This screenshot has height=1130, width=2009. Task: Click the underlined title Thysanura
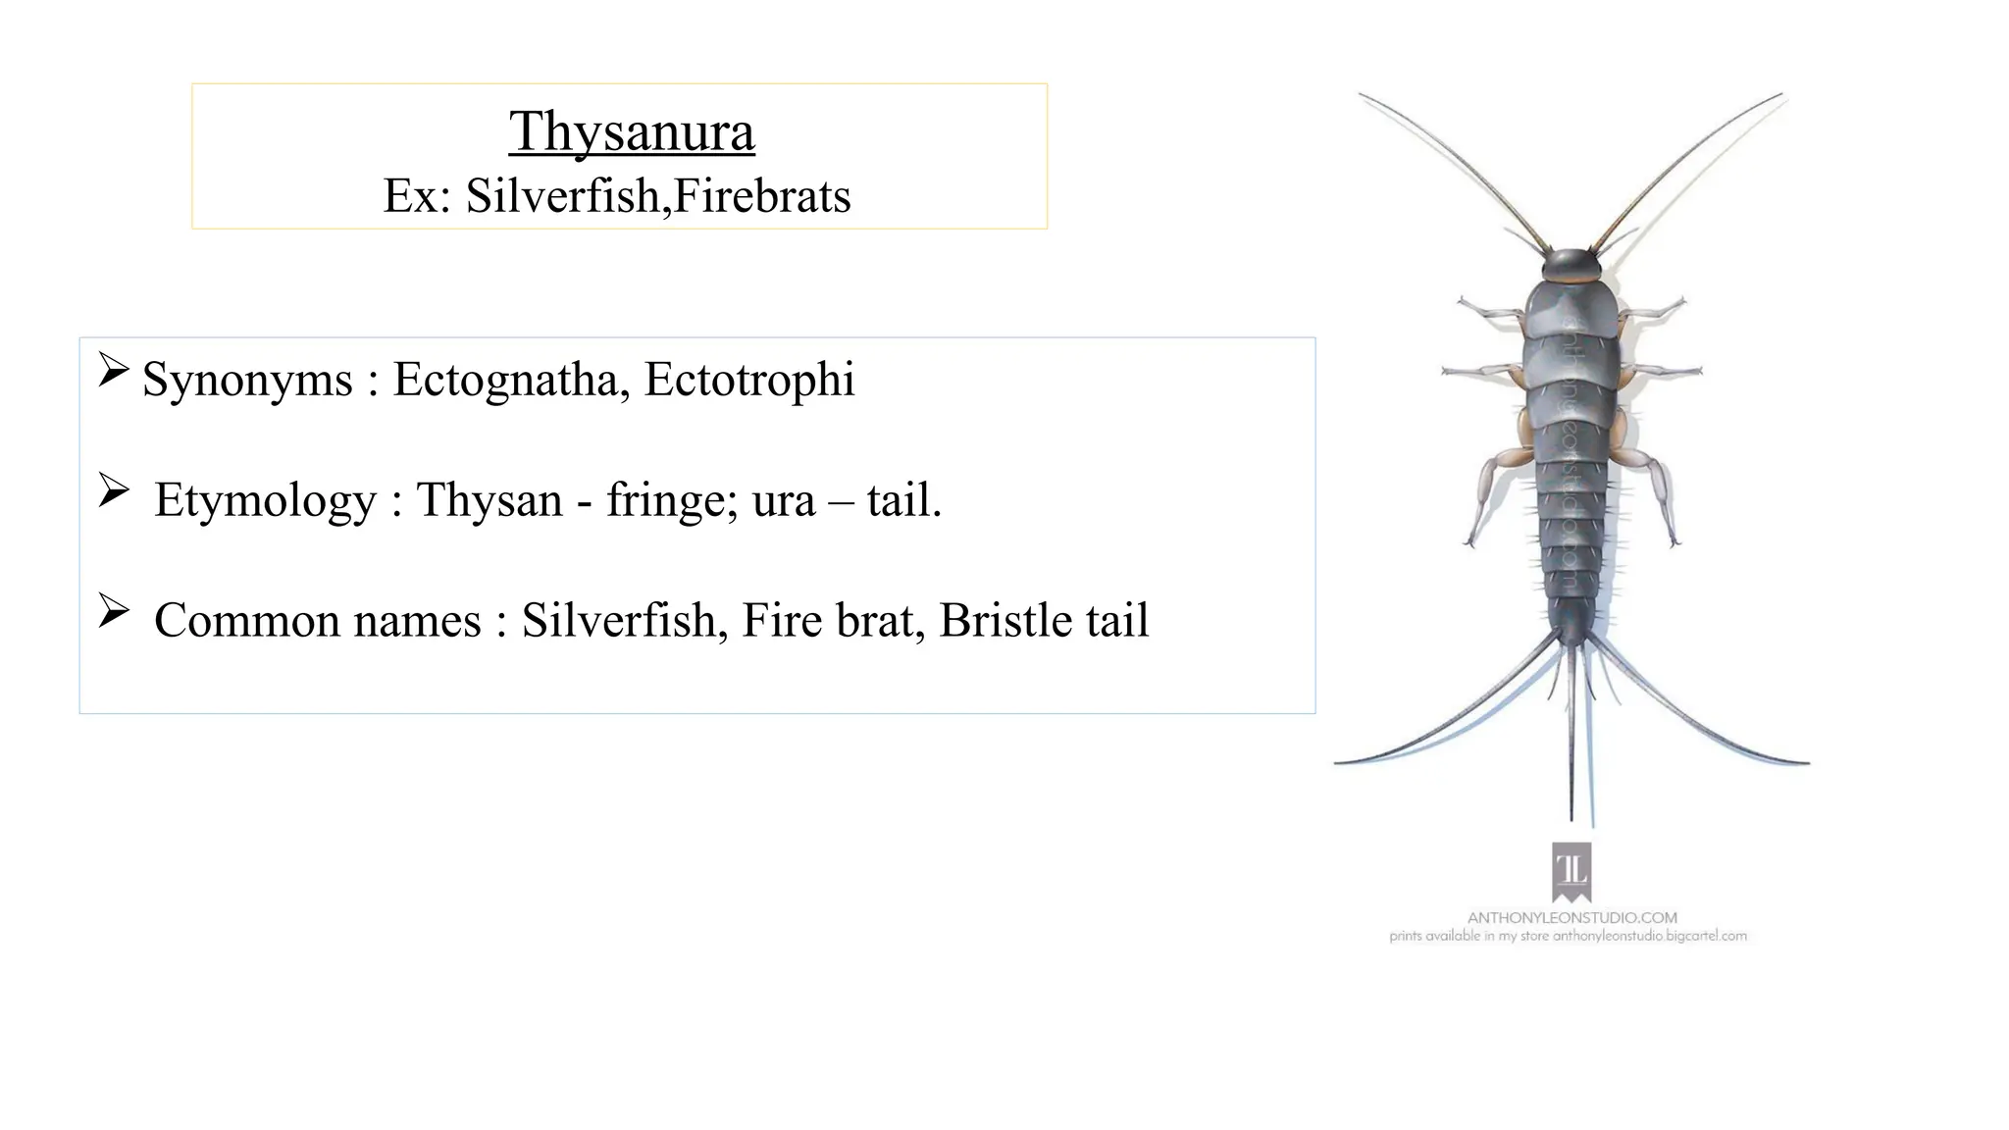click(632, 131)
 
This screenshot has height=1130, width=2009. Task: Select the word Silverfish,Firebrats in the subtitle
click(657, 196)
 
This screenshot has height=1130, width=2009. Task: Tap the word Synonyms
click(247, 381)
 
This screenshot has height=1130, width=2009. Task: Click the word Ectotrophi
click(749, 381)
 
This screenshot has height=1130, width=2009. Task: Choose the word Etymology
click(265, 501)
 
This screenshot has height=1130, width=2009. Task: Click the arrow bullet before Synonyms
click(114, 370)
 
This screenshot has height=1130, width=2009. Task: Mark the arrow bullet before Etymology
click(114, 490)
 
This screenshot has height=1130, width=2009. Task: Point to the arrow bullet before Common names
click(114, 611)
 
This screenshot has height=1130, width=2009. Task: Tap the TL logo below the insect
click(1571, 871)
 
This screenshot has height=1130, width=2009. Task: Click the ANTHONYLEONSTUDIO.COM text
click(1571, 918)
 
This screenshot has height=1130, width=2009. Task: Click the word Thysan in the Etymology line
click(489, 501)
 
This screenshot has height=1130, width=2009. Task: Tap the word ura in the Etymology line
click(784, 502)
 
